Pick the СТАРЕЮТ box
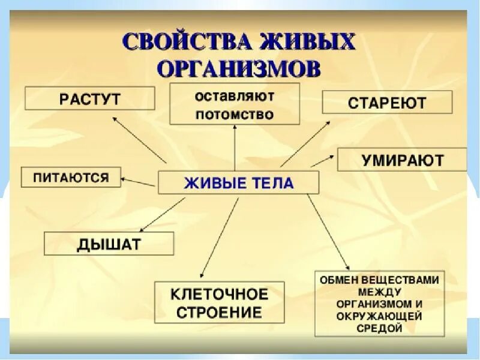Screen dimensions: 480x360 387,102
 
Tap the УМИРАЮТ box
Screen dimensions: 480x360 403,160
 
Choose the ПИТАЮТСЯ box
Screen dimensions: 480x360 71,177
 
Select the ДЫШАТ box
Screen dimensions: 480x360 109,244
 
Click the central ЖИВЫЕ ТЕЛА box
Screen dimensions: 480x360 238,183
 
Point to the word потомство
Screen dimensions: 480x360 234,113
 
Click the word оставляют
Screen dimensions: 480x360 234,96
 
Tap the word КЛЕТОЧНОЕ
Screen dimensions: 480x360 219,295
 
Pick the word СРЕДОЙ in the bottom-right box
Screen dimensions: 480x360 379,328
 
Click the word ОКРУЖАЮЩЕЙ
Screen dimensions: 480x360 379,316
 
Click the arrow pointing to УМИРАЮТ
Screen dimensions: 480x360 322,160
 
